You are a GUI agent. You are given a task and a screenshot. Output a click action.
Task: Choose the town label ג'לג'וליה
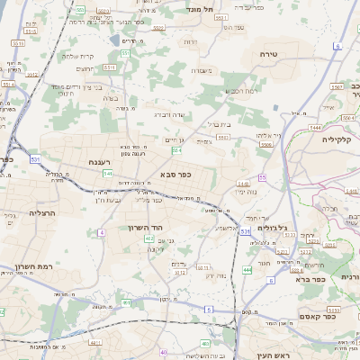[x=272, y=227]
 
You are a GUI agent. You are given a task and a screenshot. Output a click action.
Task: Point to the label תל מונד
[x=199, y=8]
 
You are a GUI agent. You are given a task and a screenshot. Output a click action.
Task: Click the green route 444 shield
[x=247, y=269]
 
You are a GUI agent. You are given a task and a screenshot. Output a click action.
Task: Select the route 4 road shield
[x=102, y=232]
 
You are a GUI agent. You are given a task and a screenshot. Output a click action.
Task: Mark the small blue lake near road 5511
[x=113, y=40]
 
